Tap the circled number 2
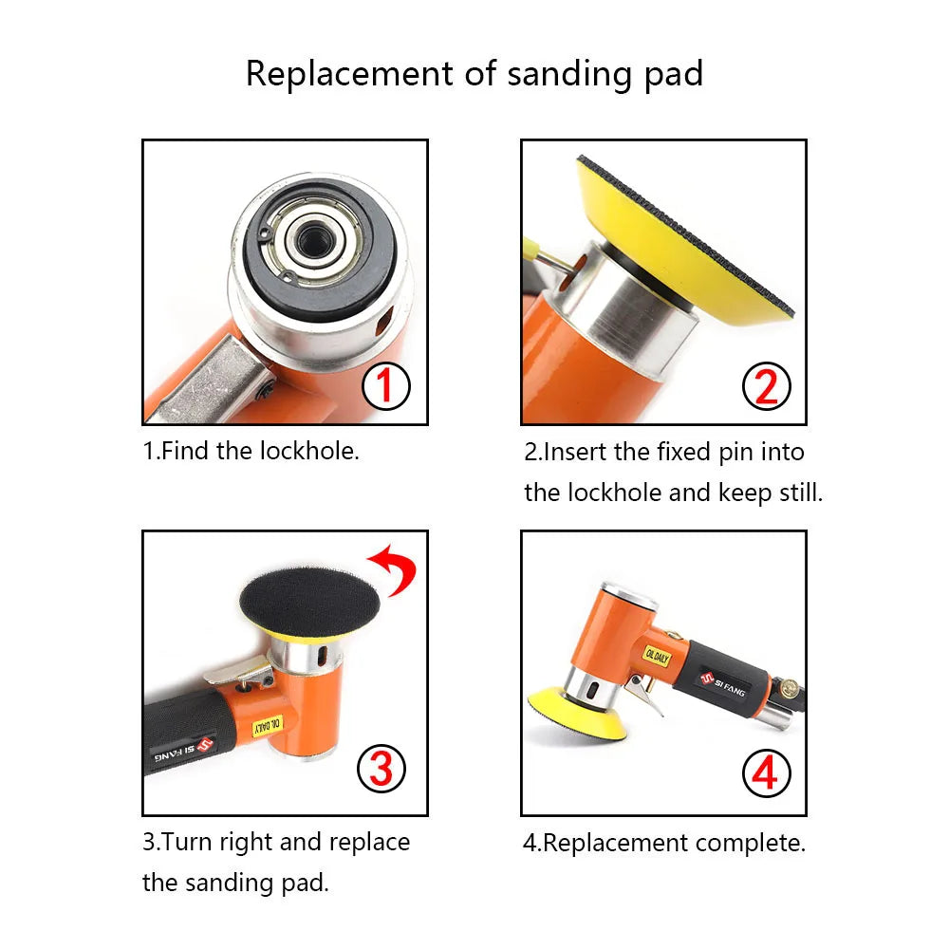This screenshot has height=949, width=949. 765,385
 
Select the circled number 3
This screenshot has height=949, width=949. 381,768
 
